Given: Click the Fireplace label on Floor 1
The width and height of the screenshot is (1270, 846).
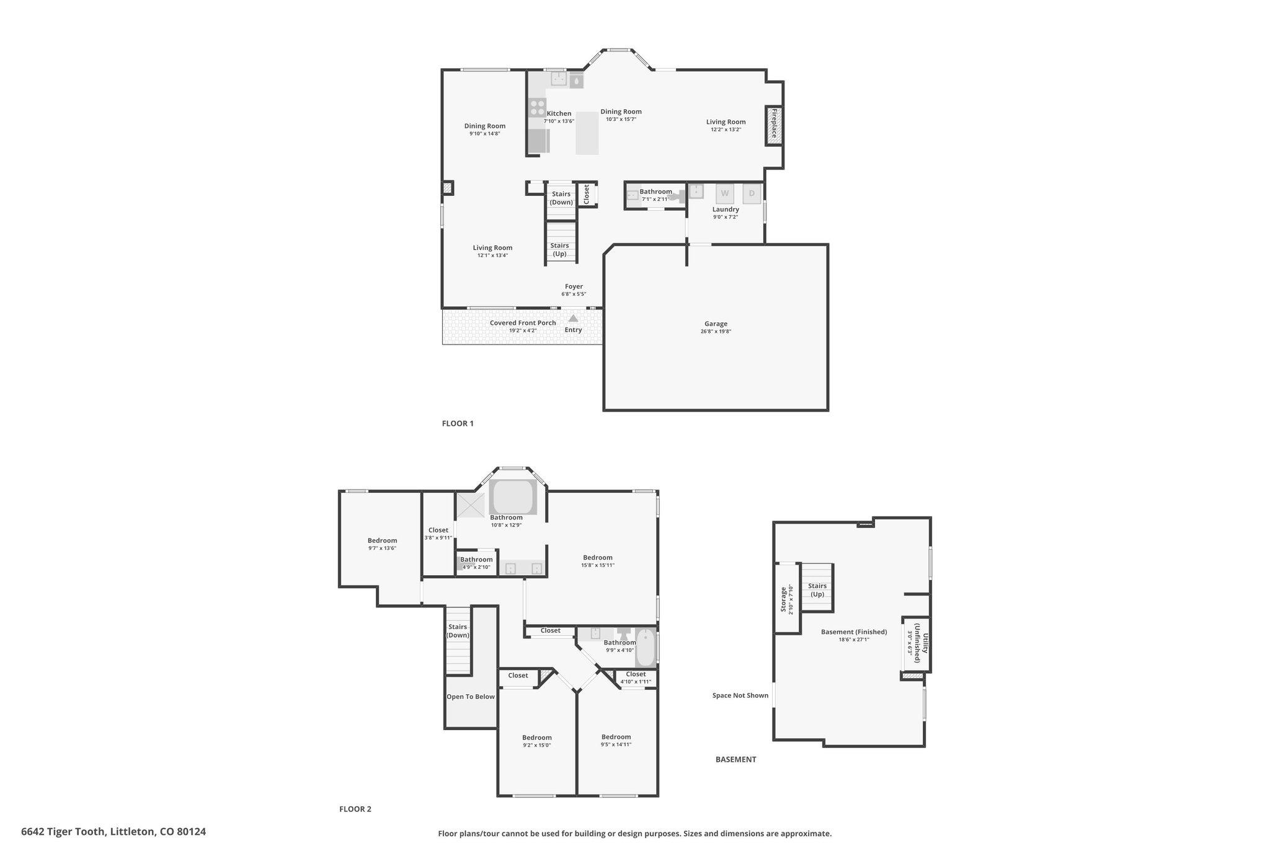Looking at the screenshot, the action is pyautogui.click(x=774, y=126).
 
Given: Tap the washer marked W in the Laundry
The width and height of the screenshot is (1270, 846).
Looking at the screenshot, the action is pyautogui.click(x=725, y=194).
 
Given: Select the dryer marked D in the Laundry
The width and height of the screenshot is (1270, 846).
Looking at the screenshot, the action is pyautogui.click(x=752, y=194).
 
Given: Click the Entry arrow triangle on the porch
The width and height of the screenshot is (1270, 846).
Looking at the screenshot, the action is pyautogui.click(x=573, y=318).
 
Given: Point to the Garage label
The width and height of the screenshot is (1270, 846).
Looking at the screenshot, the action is pyautogui.click(x=716, y=324).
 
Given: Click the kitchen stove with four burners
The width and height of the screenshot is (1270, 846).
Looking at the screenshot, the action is pyautogui.click(x=537, y=107).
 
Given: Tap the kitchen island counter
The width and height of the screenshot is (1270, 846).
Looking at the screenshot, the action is pyautogui.click(x=587, y=133).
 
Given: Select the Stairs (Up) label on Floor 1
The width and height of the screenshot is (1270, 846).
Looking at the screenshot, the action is pyautogui.click(x=559, y=249).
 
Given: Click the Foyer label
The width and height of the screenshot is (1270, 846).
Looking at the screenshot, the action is pyautogui.click(x=574, y=286).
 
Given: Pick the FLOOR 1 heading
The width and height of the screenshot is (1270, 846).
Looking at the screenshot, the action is pyautogui.click(x=458, y=423).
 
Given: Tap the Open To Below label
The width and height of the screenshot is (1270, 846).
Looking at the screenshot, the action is pyautogui.click(x=471, y=697).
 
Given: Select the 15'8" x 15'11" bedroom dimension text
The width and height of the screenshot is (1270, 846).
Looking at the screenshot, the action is pyautogui.click(x=598, y=565).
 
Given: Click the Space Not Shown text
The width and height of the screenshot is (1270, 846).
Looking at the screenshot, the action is pyautogui.click(x=740, y=695).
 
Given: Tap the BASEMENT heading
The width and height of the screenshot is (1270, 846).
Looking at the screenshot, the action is pyautogui.click(x=736, y=759).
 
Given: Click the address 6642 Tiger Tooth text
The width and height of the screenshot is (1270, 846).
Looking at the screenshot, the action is pyautogui.click(x=65, y=832).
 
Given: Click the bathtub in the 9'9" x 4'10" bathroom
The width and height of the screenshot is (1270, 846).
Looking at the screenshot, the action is pyautogui.click(x=645, y=648).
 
